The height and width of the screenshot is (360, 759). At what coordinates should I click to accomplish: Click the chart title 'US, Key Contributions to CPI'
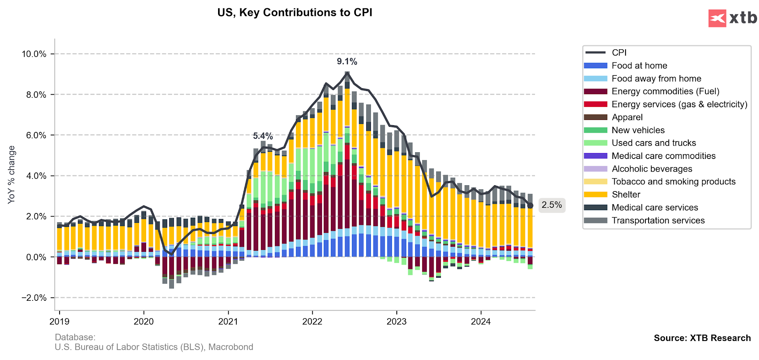click(x=295, y=13)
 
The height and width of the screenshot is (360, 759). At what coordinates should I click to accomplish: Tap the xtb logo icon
click(x=717, y=18)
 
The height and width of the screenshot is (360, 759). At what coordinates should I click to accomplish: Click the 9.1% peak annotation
click(x=347, y=62)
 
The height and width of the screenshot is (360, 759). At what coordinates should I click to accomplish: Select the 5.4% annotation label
click(x=263, y=136)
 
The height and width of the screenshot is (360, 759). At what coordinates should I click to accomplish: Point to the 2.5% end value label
click(x=552, y=205)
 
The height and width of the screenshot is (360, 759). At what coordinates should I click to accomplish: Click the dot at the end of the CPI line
click(x=530, y=205)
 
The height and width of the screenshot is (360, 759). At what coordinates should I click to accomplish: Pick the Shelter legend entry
click(x=626, y=195)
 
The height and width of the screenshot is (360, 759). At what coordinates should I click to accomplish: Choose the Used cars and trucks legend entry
click(x=653, y=143)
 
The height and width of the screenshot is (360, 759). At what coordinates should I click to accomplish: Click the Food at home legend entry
click(x=639, y=66)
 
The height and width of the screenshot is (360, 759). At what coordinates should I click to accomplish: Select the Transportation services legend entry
click(x=658, y=221)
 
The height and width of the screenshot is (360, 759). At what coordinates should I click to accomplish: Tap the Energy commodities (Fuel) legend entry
click(x=665, y=91)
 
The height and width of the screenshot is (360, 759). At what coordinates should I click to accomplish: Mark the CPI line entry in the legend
click(x=619, y=52)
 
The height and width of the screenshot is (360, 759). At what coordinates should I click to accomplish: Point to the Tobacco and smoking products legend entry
click(x=673, y=182)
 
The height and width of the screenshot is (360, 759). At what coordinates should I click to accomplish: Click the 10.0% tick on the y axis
click(x=34, y=54)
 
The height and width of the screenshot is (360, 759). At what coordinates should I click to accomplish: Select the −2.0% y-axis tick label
click(x=34, y=298)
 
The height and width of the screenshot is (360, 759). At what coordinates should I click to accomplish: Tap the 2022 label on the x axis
click(x=312, y=321)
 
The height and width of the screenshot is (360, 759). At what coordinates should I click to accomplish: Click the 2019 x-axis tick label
click(x=59, y=321)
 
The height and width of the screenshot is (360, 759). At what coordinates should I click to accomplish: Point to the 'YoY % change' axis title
click(x=12, y=175)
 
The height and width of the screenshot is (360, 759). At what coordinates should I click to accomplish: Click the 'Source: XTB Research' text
click(x=702, y=338)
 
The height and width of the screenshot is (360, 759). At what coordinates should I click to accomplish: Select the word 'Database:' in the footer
click(x=75, y=337)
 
